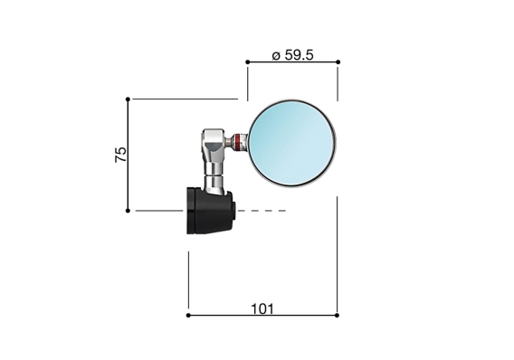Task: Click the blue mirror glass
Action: pyautogui.click(x=291, y=141)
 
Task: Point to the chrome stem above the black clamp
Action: pyautogui.click(x=214, y=176)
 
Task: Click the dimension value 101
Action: pyautogui.click(x=262, y=308)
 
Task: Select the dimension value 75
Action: pyautogui.click(x=120, y=153)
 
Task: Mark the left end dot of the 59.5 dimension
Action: pyautogui.click(x=247, y=62)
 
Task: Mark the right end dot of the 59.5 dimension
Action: pyautogui.click(x=338, y=62)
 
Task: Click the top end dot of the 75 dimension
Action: pyautogui.click(x=128, y=99)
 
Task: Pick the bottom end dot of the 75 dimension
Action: pyautogui.click(x=128, y=210)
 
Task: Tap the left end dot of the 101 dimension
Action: pyautogui.click(x=188, y=316)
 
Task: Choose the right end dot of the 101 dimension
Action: pyautogui.click(x=338, y=316)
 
